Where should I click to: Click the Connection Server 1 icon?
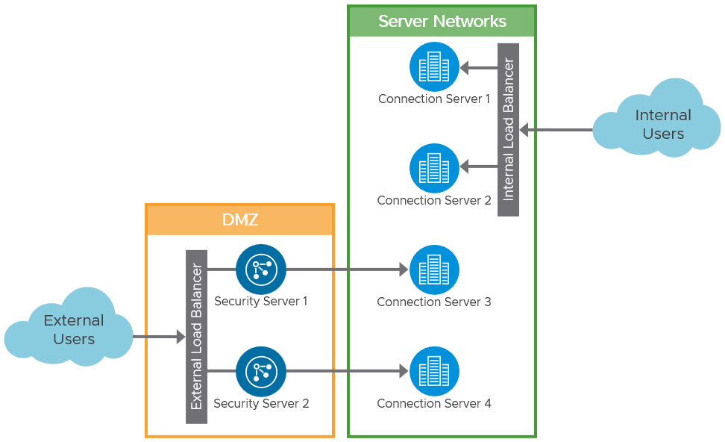pos(434,67)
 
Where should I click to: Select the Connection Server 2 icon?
pos(434,168)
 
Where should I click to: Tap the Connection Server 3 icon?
pos(434,270)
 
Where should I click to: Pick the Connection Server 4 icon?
pos(434,371)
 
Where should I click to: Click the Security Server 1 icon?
pos(261,269)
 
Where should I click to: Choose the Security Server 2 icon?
pos(261,371)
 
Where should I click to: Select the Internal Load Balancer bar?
pos(508,130)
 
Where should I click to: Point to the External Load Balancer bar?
pos(196,337)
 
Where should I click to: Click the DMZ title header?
pos(239,220)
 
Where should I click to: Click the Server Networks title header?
pos(442,22)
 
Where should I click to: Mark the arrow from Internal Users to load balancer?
pos(556,130)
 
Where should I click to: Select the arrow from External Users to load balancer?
pos(158,337)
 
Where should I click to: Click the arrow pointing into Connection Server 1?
pos(478,68)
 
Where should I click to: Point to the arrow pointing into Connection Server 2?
pos(478,166)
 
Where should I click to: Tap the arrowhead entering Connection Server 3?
pos(403,270)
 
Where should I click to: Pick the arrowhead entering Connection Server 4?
pos(403,371)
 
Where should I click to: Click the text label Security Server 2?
pos(261,403)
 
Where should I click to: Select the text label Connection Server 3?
pos(434,302)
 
